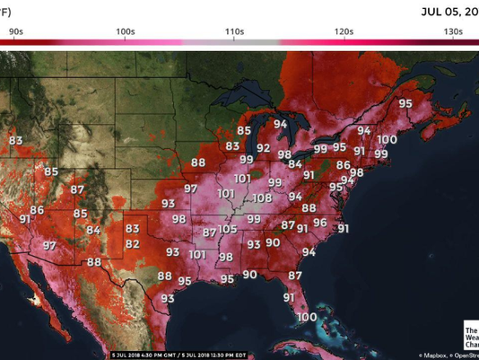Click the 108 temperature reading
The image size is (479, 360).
click(x=262, y=198)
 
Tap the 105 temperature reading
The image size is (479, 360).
click(x=228, y=230)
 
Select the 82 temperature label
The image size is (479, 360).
click(x=133, y=244)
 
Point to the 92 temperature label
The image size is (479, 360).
click(x=264, y=148)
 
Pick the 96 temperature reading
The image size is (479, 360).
click(x=319, y=222)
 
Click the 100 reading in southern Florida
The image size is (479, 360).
click(x=308, y=317)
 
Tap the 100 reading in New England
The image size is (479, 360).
click(x=388, y=140)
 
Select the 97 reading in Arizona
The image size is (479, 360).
click(x=49, y=246)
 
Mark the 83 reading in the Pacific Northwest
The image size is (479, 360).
click(x=15, y=141)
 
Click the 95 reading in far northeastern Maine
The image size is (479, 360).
click(x=405, y=103)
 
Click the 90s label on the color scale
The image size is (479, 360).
click(x=16, y=31)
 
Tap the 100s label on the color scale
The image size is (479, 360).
click(x=126, y=31)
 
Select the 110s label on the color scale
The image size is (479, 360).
click(x=235, y=31)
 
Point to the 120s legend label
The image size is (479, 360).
click(x=344, y=31)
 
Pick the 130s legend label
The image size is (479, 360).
click(x=453, y=31)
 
